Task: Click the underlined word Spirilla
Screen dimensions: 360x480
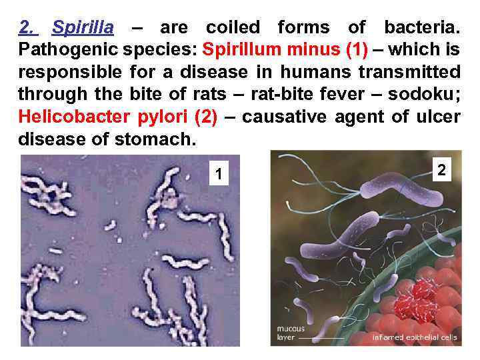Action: [x=83, y=28]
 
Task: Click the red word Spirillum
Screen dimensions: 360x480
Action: [x=241, y=50]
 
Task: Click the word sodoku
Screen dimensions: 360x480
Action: [x=426, y=95]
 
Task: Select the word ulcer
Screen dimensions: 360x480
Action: [x=439, y=117]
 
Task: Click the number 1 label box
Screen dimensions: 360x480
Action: [x=217, y=175]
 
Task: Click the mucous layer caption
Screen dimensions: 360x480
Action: [x=291, y=333]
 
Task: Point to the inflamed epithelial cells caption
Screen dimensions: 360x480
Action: [x=415, y=337]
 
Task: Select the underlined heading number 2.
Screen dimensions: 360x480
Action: [x=27, y=28]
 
